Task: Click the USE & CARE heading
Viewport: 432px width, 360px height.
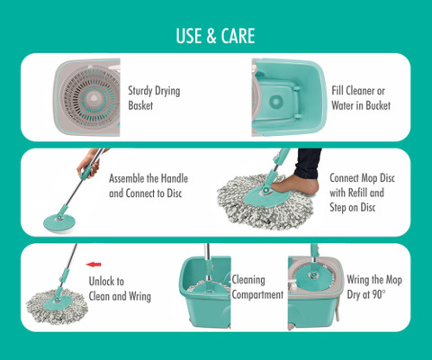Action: (215, 36)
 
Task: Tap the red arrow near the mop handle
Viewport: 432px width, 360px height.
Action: (94, 265)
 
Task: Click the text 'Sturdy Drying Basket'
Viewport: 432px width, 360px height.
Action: (154, 98)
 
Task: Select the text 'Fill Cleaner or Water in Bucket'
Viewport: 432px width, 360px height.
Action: (361, 98)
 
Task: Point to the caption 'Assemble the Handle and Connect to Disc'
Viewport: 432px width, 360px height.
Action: (148, 185)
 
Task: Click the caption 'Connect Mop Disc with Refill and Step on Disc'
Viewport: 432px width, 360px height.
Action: (362, 193)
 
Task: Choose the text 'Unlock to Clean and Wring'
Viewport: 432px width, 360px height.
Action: (120, 289)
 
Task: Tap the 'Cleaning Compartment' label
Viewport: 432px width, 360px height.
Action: (257, 287)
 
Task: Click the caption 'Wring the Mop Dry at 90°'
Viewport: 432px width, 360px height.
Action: (374, 287)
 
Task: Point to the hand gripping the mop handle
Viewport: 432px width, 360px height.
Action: (89, 165)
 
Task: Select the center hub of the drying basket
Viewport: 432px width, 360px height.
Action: (92, 97)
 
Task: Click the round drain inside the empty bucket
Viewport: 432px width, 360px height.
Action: (276, 102)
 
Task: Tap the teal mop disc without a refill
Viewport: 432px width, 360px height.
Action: (58, 221)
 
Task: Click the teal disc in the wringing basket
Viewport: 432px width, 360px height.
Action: (314, 277)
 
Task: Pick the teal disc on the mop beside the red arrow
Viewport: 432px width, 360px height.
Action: (57, 302)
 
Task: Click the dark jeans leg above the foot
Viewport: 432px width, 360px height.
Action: (308, 163)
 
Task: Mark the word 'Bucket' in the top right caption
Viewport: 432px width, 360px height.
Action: (377, 105)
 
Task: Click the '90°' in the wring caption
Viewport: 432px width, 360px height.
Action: (379, 294)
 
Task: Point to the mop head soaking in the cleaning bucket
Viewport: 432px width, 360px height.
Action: (208, 287)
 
